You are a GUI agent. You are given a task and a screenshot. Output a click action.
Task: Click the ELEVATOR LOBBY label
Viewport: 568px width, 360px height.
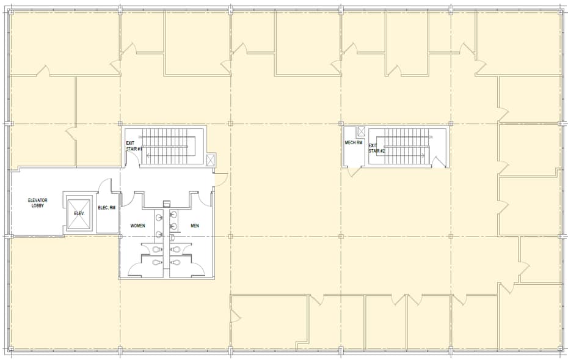click(x=38, y=203)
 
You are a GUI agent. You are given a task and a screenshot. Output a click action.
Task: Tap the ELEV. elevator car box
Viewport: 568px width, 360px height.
click(x=79, y=213)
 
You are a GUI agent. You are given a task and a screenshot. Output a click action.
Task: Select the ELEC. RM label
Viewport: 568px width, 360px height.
click(x=107, y=208)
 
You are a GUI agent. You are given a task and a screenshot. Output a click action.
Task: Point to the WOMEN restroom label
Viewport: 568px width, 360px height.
click(x=137, y=226)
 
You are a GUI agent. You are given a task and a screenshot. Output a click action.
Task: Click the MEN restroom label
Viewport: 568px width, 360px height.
click(x=195, y=226)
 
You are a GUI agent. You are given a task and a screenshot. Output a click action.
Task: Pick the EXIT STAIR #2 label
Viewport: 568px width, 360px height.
click(x=376, y=147)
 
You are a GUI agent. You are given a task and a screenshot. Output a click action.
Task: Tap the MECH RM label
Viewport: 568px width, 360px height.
click(x=354, y=143)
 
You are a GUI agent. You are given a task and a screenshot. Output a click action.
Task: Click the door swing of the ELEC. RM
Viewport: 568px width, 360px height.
click(x=105, y=185)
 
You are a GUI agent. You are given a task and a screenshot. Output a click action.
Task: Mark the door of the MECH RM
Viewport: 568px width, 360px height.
click(x=354, y=171)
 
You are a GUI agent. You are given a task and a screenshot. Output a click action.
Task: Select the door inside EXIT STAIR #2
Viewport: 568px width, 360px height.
click(x=437, y=162)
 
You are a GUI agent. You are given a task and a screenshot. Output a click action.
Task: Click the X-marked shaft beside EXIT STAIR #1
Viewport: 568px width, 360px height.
click(x=211, y=160)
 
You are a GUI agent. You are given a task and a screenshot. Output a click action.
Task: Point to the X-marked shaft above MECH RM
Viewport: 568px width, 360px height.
click(x=361, y=131)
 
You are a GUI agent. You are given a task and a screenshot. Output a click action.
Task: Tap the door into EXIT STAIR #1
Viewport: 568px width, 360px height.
click(x=131, y=158)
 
